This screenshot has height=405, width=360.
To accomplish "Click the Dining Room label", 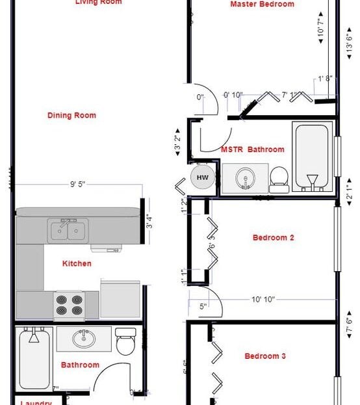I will [x=71, y=116].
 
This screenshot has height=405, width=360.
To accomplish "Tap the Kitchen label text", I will [x=77, y=264].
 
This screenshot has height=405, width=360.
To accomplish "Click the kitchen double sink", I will [x=68, y=230].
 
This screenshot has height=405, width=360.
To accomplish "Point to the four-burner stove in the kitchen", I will [x=69, y=305].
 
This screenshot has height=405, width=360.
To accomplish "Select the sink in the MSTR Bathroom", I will [x=245, y=177].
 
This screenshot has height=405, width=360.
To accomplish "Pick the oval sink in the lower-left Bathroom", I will [x=83, y=339].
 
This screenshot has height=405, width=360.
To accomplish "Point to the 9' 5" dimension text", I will [x=77, y=185].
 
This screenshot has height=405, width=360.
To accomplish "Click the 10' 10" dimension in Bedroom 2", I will [x=263, y=300].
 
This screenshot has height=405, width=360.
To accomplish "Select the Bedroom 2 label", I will [x=273, y=238].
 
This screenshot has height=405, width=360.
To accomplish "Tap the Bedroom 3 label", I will [x=265, y=356].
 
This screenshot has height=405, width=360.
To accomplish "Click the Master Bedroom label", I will [x=262, y=5].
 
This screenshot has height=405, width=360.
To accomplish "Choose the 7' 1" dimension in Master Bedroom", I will [x=290, y=96].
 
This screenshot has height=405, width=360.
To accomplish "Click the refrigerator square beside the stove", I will [x=120, y=300].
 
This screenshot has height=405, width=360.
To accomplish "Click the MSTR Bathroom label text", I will [x=252, y=150].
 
